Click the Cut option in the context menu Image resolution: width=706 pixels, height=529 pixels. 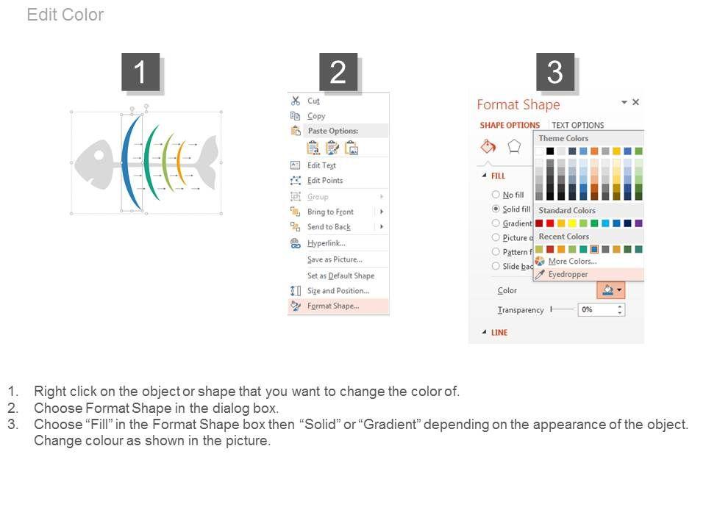pyautogui.click(x=313, y=101)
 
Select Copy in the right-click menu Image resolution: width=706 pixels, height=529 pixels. pyautogui.click(x=316, y=116)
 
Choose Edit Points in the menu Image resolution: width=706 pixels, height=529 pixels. pyautogui.click(x=324, y=181)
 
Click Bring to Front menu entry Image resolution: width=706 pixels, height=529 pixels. pyautogui.click(x=330, y=212)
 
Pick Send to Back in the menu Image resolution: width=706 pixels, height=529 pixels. pyautogui.click(x=329, y=227)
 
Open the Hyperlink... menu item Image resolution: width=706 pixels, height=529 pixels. pyautogui.click(x=326, y=243)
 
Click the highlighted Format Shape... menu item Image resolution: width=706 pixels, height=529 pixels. pyautogui.click(x=333, y=306)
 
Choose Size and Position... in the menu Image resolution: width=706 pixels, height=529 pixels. pyautogui.click(x=338, y=291)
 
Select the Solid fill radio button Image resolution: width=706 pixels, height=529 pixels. pyautogui.click(x=496, y=209)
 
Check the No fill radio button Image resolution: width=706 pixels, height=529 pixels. pyautogui.click(x=496, y=194)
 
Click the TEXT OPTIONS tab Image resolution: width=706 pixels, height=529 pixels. pyautogui.click(x=578, y=125)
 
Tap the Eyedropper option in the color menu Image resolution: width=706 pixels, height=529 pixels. pyautogui.click(x=568, y=274)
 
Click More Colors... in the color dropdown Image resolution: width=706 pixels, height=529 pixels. pyautogui.click(x=572, y=262)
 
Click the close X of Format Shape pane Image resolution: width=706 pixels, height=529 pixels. pyautogui.click(x=635, y=102)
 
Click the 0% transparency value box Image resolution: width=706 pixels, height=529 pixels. pyautogui.click(x=601, y=309)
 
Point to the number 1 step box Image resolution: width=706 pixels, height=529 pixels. pyautogui.click(x=140, y=72)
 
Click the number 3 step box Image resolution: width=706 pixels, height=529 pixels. pyautogui.click(x=555, y=72)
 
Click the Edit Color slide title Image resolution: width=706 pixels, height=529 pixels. pyautogui.click(x=65, y=15)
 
